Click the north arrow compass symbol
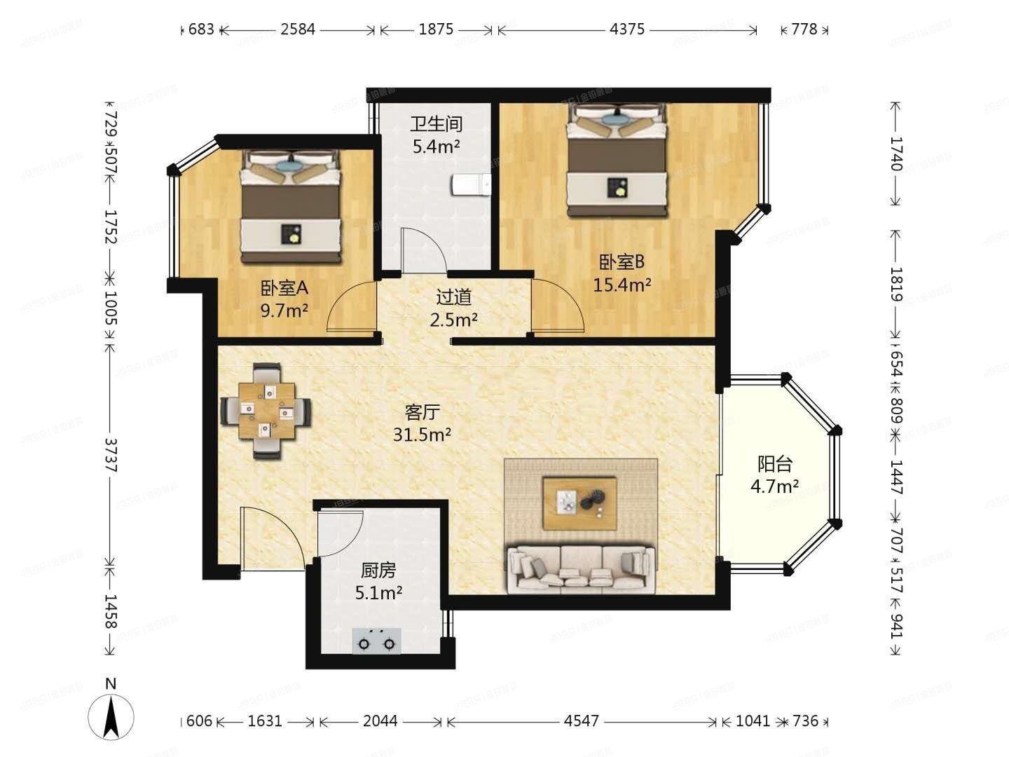coord(111,715)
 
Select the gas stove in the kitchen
coord(376,641)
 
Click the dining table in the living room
coord(266,411)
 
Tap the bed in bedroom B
coord(617,161)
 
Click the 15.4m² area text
coord(622,285)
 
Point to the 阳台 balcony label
coord(774,464)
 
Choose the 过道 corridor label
coord(453,297)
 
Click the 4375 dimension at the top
coord(627,29)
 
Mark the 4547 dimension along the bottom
coord(581,721)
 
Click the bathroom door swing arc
coord(425,250)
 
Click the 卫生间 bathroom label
coord(436,124)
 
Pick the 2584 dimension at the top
coord(298,29)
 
